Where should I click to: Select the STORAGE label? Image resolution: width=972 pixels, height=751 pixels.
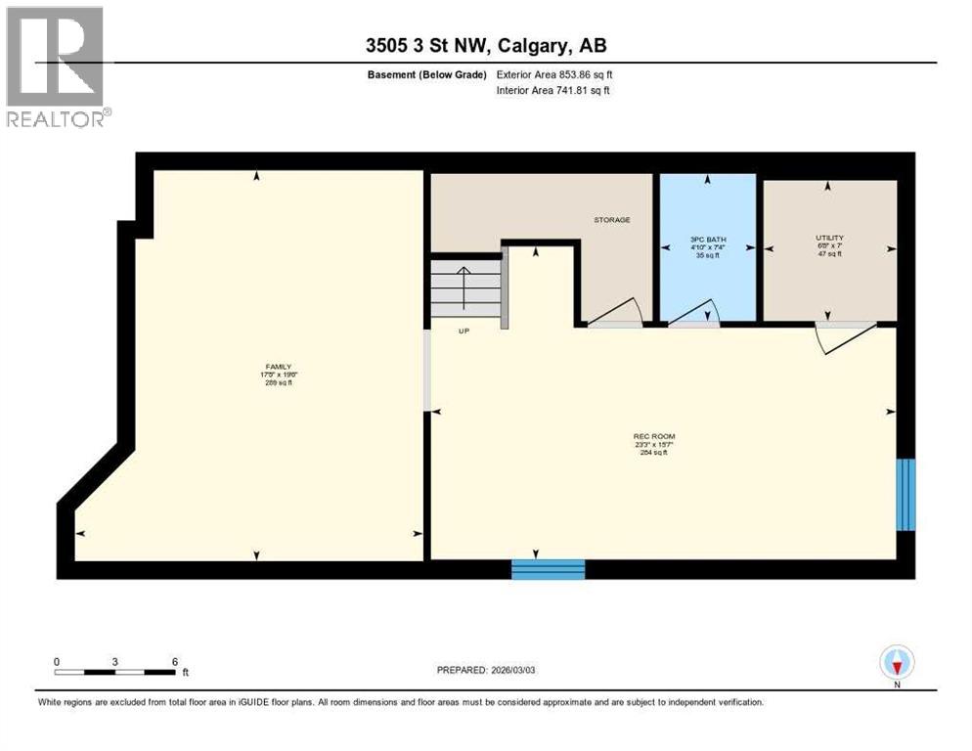pyautogui.click(x=612, y=220)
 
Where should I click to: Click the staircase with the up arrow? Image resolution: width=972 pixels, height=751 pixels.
pyautogui.click(x=465, y=288)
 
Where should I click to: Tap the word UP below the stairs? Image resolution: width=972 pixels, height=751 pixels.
pyautogui.click(x=465, y=331)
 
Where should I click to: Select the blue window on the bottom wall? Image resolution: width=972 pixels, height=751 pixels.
pyautogui.click(x=548, y=569)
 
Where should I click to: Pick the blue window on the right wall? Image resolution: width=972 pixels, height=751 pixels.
pyautogui.click(x=906, y=494)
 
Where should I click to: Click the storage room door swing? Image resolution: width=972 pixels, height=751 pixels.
pyautogui.click(x=616, y=312)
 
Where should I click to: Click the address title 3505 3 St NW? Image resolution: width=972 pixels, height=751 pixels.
pyautogui.click(x=486, y=45)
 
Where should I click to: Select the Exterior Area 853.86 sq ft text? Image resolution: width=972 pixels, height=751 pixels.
pyautogui.click(x=554, y=74)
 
